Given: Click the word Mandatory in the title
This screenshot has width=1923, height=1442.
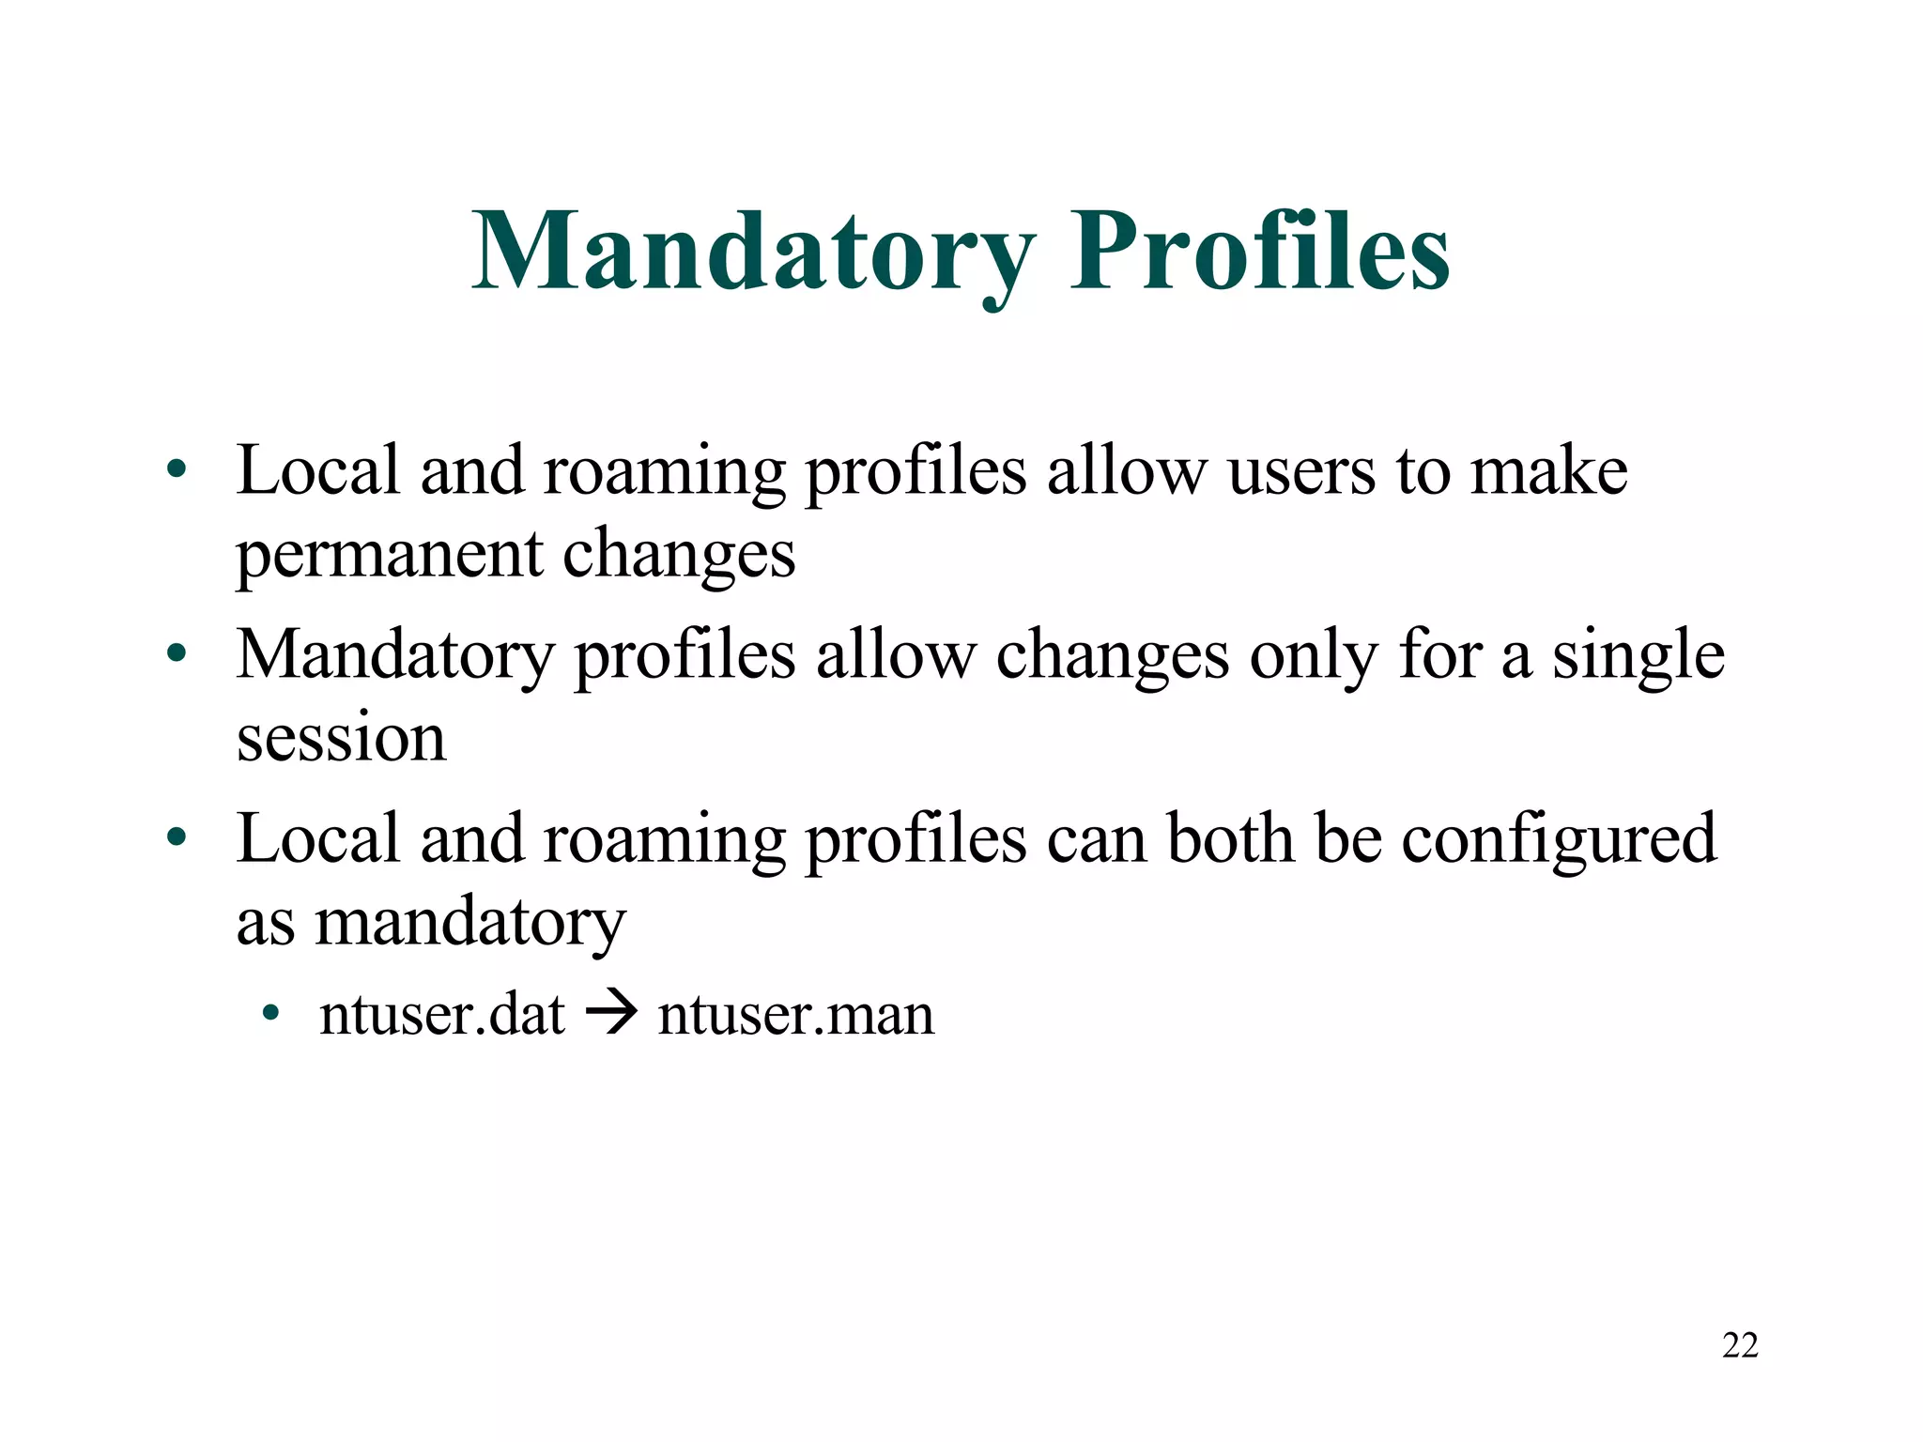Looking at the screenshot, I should pos(753,252).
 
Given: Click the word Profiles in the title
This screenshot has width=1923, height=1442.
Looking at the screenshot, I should pos(1260,252).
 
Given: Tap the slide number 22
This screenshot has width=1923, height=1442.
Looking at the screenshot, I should pos(1740,1345).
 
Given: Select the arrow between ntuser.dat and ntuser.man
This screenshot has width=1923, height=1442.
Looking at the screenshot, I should pos(611,1014).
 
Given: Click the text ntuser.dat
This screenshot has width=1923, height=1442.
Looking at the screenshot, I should pos(442,1014).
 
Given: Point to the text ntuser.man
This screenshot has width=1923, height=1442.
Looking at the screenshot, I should pos(795,1014).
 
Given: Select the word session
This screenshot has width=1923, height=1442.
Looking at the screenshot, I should pos(341,738).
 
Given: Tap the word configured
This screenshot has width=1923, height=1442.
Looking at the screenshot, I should pos(1559,838).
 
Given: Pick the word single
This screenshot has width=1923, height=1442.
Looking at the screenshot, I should pos(1638,654).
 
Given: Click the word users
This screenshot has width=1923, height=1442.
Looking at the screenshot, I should pos(1301,470).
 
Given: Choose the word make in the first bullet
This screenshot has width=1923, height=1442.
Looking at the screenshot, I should pos(1548,470).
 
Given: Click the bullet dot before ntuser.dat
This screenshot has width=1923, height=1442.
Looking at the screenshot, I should pos(271,1014).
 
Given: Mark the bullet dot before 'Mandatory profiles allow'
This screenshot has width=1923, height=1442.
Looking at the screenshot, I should pos(176,652).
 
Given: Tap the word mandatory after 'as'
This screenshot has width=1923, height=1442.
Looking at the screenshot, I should pos(469,924).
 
